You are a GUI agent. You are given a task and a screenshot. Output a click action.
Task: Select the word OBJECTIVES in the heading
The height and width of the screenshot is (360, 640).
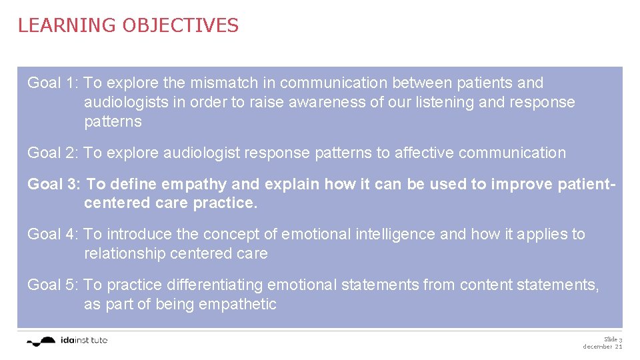click(x=180, y=25)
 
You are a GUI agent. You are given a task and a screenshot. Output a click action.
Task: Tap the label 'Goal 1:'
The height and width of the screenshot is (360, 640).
click(x=53, y=83)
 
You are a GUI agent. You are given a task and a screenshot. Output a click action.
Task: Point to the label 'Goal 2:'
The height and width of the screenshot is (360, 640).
click(x=53, y=153)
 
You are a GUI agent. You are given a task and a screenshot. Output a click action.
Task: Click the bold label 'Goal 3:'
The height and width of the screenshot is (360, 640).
click(x=55, y=184)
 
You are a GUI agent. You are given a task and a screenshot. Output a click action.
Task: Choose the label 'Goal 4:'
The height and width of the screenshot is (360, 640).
click(x=53, y=234)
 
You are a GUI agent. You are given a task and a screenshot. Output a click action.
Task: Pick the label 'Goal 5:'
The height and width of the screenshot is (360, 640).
click(x=53, y=285)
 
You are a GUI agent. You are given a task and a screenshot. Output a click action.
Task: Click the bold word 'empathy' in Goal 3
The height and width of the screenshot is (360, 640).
click(x=203, y=184)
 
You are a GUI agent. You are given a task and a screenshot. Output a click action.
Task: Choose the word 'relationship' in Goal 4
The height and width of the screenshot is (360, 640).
click(x=125, y=254)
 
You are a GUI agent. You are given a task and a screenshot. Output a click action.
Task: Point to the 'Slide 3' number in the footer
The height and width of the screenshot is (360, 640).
click(x=613, y=339)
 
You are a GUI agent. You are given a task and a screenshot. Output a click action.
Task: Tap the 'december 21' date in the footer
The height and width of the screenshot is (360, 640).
click(x=603, y=347)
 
